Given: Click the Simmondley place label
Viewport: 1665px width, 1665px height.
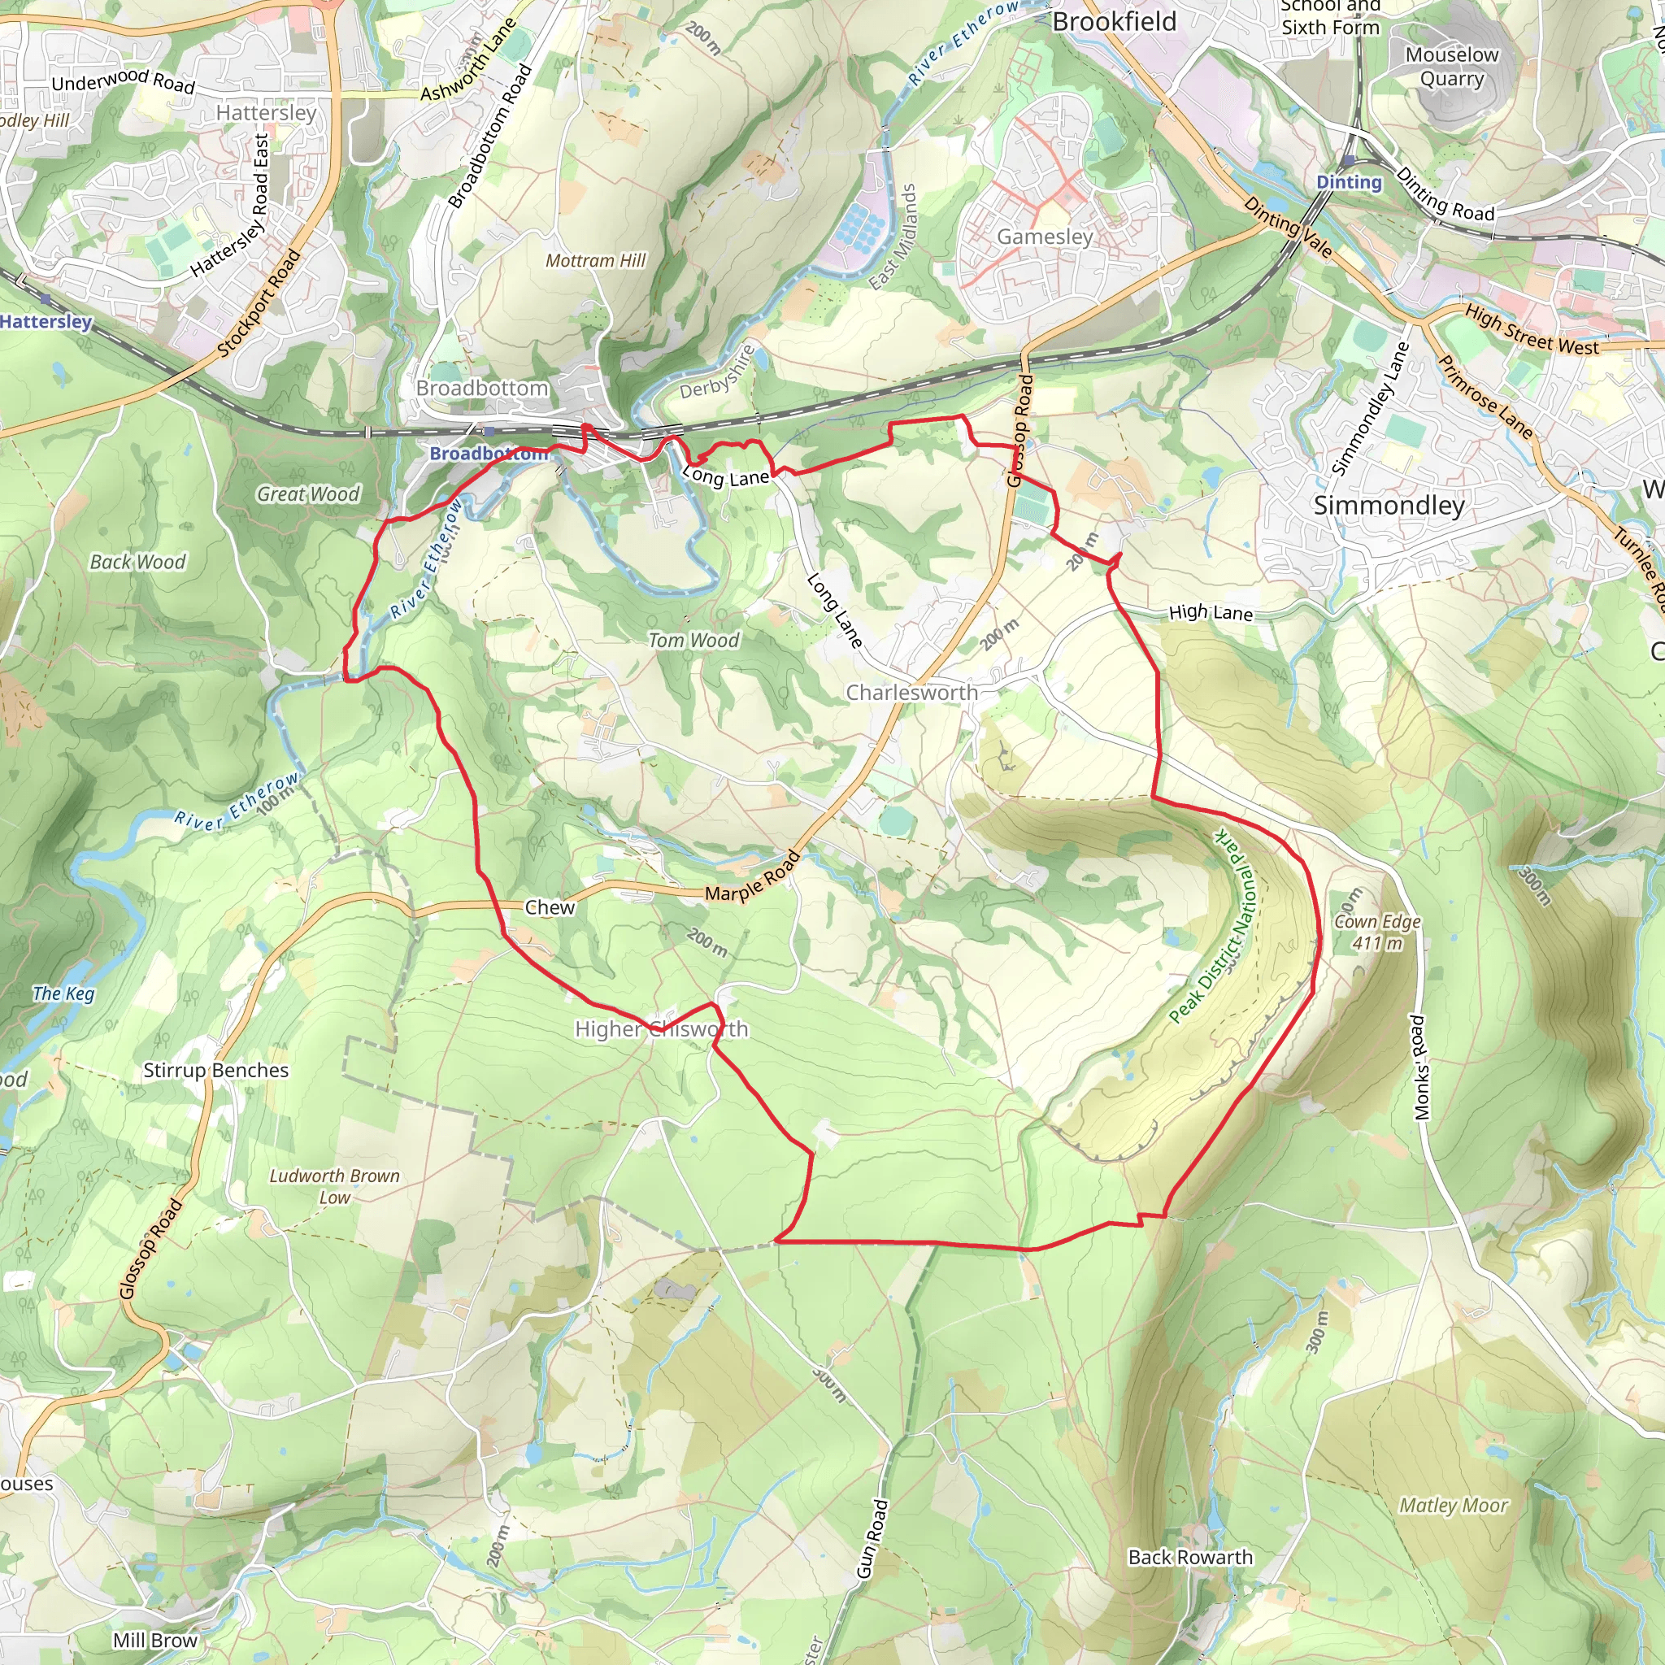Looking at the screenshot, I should [x=1389, y=506].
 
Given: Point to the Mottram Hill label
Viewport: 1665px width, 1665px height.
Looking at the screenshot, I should [x=595, y=260].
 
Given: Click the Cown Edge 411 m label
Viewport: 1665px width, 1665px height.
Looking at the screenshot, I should [x=1377, y=932].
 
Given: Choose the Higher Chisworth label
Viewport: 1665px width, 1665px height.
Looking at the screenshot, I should [x=661, y=1029].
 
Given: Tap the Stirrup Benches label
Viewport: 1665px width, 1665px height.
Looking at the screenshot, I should [x=215, y=1071].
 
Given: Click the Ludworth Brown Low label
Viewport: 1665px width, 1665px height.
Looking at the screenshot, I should [x=334, y=1187].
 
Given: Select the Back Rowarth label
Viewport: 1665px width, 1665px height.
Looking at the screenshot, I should [x=1190, y=1557].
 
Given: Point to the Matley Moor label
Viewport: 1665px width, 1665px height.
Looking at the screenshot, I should [x=1453, y=1506].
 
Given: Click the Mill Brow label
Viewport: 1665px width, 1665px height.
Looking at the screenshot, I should [x=155, y=1640].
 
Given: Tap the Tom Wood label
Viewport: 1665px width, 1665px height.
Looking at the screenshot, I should [x=693, y=641].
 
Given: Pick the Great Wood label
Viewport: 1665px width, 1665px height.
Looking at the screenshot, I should [x=307, y=493].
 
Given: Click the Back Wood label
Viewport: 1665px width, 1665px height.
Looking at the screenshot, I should [x=138, y=562].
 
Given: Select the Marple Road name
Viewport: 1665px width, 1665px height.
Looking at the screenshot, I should [x=752, y=878].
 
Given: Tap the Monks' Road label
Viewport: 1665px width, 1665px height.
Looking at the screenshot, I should [x=1418, y=1067].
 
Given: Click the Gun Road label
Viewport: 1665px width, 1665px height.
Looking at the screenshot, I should [x=872, y=1538].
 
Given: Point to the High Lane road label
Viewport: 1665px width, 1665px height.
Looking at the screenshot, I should [x=1210, y=613].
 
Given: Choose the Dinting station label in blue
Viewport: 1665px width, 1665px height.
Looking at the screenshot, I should [x=1349, y=182].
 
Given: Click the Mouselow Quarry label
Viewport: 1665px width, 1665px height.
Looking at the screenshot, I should [x=1452, y=67].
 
